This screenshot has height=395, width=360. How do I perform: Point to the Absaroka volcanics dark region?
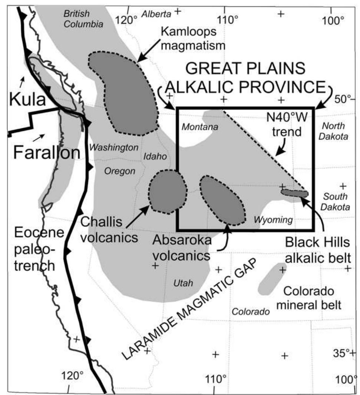click(x=222, y=200)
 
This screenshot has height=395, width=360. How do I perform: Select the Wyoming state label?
click(x=273, y=220)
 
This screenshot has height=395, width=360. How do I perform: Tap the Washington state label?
click(x=114, y=147)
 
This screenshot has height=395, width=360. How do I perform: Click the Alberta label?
click(x=156, y=14)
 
